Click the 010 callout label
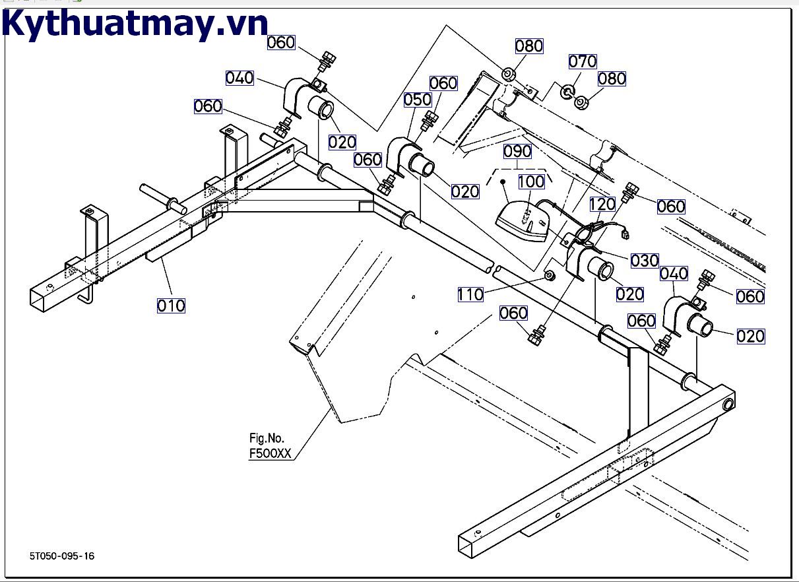tap(171, 306)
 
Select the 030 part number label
tap(645, 260)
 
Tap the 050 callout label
tap(418, 100)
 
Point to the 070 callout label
tap(583, 61)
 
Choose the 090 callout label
tap(517, 151)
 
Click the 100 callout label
tap(531, 181)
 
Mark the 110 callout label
tap(470, 294)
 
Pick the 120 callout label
tap(602, 205)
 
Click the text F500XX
tap(270, 454)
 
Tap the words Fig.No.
tap(267, 438)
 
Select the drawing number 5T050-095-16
tap(61, 556)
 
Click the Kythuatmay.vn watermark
tap(135, 24)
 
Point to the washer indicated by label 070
tap(567, 90)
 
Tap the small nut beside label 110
tap(548, 274)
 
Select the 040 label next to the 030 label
tap(674, 273)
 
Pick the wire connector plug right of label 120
tap(624, 232)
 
